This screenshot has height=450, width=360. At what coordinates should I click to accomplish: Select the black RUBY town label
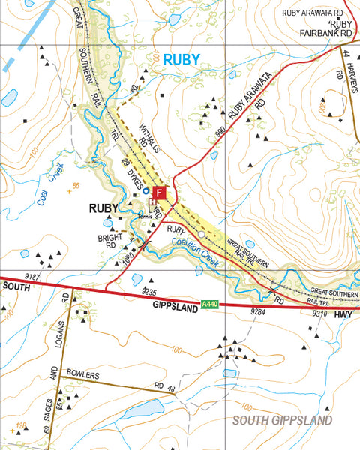pos(104,208)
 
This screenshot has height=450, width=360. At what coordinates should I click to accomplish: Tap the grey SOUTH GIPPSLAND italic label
pos(281,421)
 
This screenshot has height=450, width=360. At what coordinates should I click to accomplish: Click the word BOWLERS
pos(82,373)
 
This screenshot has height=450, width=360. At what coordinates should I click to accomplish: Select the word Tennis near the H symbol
pos(145,214)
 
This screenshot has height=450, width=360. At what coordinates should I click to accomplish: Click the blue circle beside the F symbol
pos(145,192)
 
